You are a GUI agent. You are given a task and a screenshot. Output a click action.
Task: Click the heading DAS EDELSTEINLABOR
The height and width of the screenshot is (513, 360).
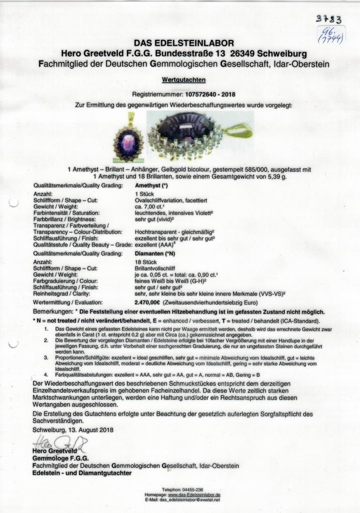[x=179, y=44]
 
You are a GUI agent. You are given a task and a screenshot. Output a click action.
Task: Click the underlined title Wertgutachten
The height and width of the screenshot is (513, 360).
[x=180, y=80]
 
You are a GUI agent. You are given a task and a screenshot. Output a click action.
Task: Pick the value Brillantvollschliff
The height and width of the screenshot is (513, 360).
[x=158, y=269]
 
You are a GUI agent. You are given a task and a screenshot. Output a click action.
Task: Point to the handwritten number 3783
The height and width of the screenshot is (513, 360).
[x=328, y=19]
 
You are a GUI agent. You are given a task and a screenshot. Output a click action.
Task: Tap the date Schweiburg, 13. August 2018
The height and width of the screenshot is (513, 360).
[x=73, y=430]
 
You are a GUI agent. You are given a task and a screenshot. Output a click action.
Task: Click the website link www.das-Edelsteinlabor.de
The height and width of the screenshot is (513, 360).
[x=187, y=494]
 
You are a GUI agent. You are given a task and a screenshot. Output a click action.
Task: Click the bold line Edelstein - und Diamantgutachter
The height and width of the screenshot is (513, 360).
[x=82, y=472]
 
